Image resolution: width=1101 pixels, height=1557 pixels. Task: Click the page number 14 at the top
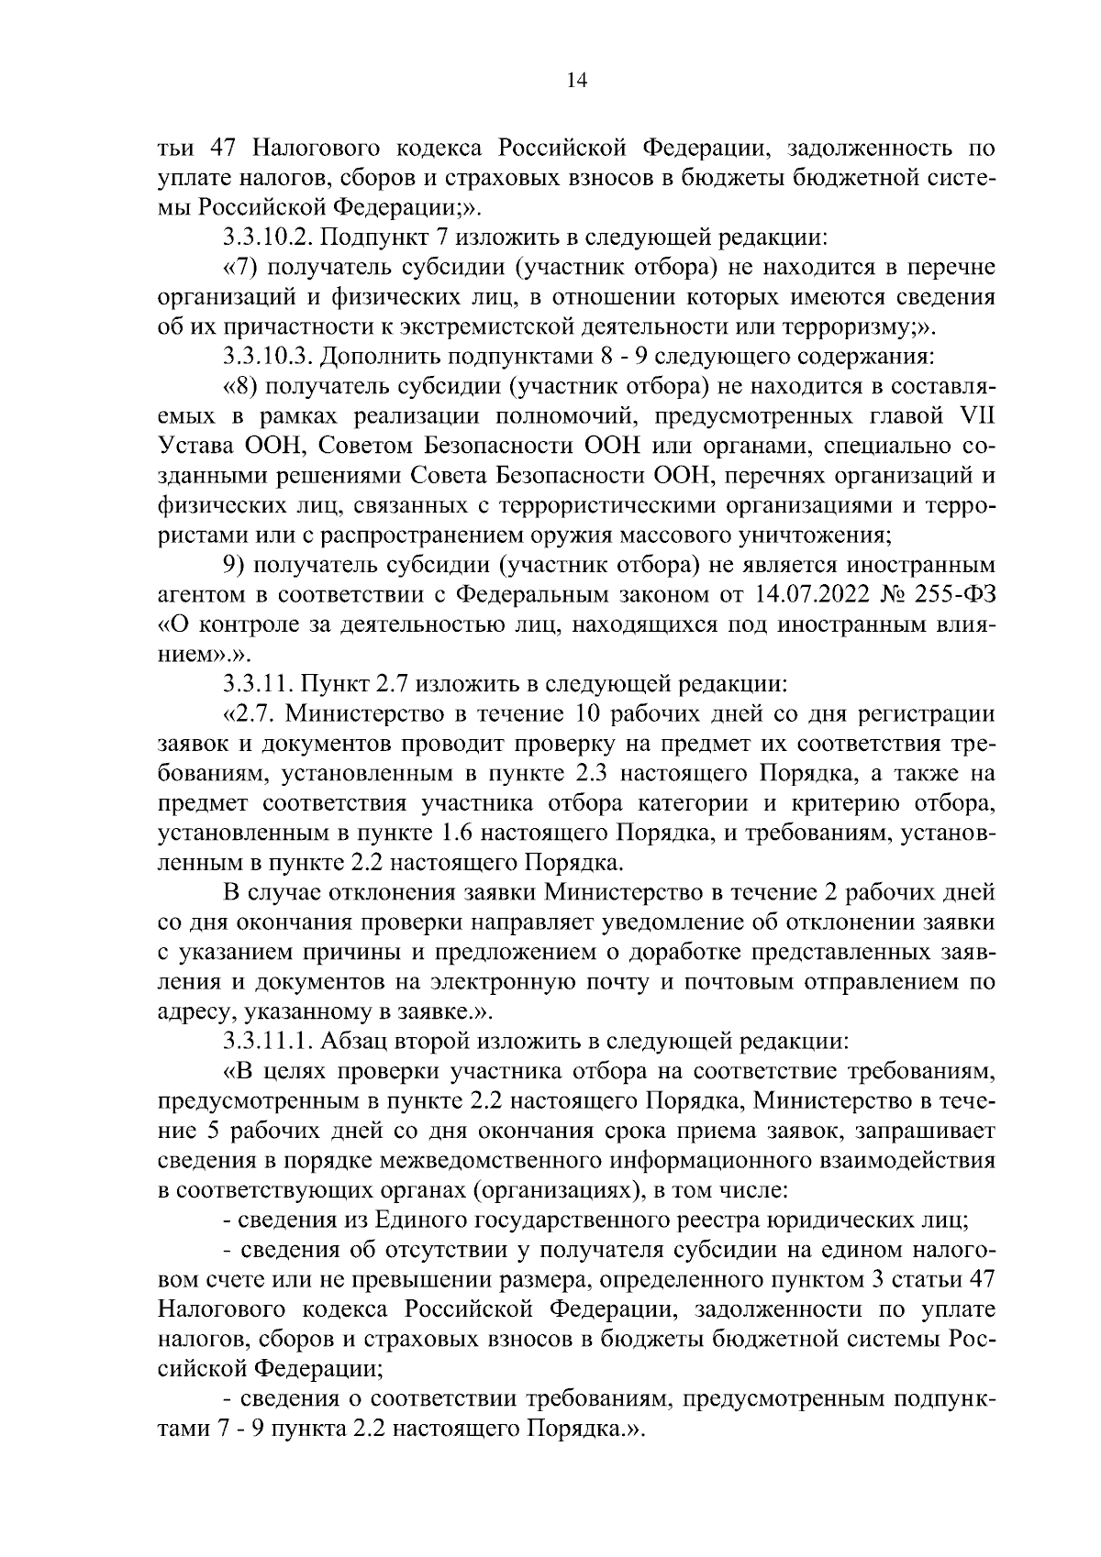pyautogui.click(x=576, y=80)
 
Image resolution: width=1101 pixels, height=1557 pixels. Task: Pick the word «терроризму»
pyautogui.click(x=845, y=326)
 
